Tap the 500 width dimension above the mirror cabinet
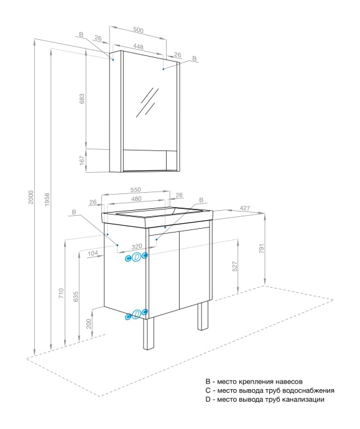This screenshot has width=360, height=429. click(x=137, y=30)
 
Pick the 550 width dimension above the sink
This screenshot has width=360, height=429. click(x=136, y=190)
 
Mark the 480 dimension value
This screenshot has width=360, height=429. click(x=137, y=199)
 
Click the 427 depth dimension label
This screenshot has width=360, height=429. click(x=246, y=208)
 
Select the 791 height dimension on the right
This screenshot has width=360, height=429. click(x=262, y=249)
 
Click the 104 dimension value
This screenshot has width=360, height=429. click(x=93, y=254)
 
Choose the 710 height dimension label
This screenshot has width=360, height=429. click(x=61, y=293)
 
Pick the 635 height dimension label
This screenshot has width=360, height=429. click(x=76, y=297)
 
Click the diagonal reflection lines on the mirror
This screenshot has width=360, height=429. click(x=149, y=101)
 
